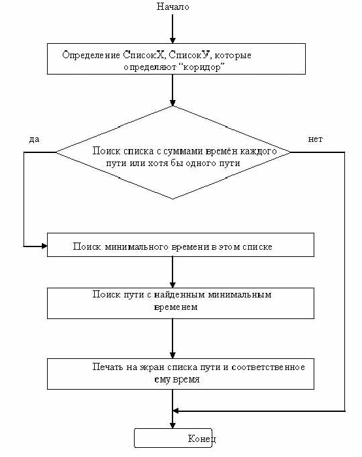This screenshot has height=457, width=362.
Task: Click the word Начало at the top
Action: tap(173, 7)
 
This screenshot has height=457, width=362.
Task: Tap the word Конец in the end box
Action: tap(202, 439)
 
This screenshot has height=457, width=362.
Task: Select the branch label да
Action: tap(34, 139)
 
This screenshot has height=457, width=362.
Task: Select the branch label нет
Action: tap(316, 139)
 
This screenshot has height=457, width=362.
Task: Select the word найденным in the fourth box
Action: tap(180, 294)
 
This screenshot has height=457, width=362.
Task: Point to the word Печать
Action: tap(108, 367)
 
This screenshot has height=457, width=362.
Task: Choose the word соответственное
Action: tap(268, 367)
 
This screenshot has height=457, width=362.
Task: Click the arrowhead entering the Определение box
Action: tap(173, 41)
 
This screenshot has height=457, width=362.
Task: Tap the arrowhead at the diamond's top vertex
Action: tap(173, 103)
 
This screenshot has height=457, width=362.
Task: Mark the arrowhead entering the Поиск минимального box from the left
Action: tap(44, 246)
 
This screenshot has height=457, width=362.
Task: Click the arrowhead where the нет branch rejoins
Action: tap(176, 411)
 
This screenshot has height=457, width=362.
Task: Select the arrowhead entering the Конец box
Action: tap(173, 425)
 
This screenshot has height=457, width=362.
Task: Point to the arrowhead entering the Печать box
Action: tap(173, 355)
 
